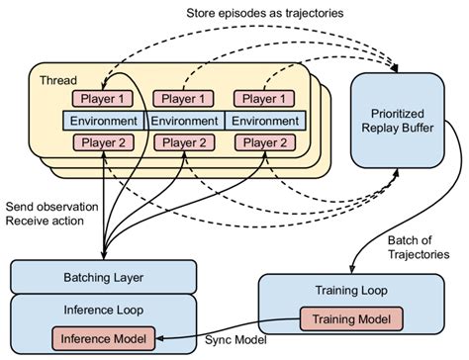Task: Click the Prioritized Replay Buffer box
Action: [407, 117]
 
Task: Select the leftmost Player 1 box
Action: [104, 98]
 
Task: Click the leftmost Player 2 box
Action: [104, 142]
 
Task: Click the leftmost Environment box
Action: [104, 120]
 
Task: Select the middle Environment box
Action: [186, 120]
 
